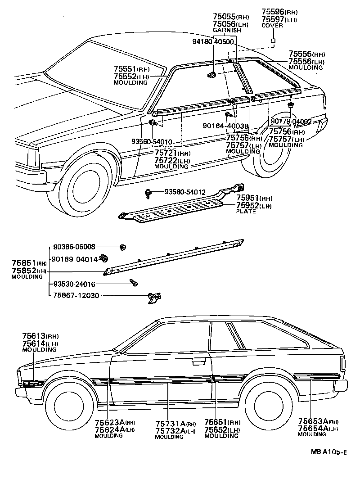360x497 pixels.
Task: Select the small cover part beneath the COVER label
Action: click(x=273, y=41)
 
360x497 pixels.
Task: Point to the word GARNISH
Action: click(x=227, y=30)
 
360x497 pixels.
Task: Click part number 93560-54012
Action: click(x=184, y=192)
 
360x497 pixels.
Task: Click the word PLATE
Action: click(x=246, y=211)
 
